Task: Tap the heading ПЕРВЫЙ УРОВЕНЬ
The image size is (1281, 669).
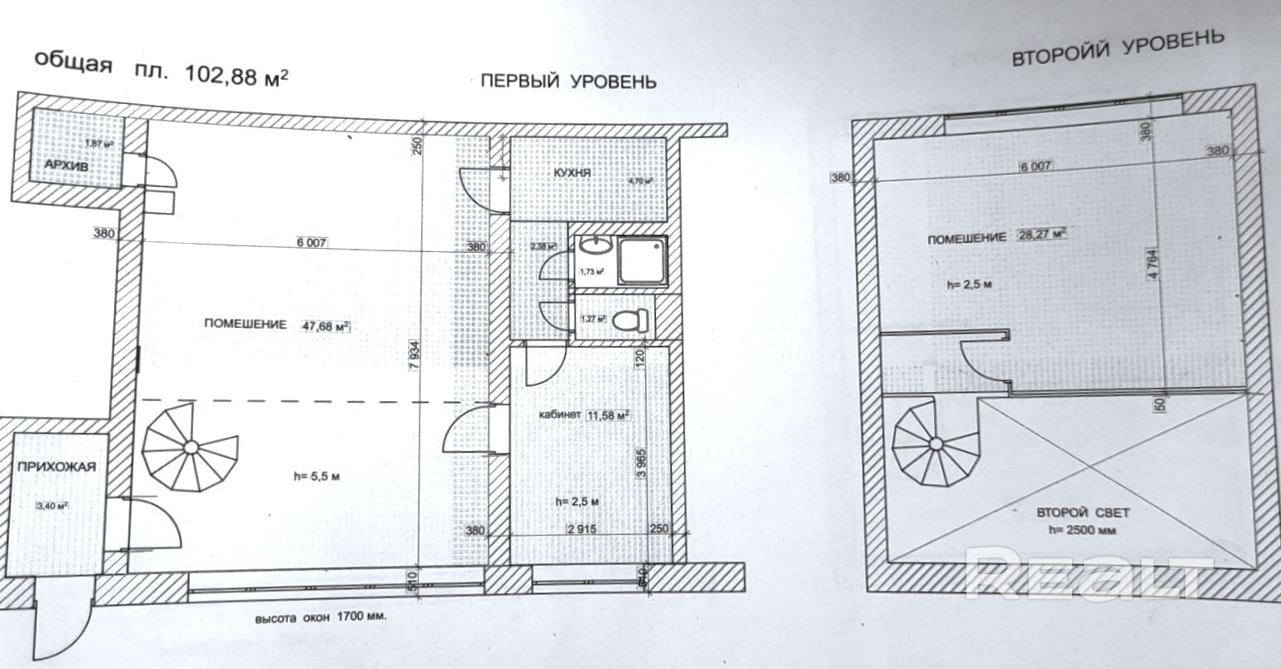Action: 569,81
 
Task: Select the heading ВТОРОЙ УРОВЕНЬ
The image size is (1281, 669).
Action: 1118,48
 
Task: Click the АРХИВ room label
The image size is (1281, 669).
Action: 67,166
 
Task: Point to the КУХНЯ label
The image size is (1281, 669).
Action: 571,172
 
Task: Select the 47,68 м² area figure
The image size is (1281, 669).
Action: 326,325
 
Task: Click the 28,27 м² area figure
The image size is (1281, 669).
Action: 1041,235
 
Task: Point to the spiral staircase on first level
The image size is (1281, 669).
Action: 191,448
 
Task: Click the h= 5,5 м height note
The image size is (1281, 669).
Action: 317,477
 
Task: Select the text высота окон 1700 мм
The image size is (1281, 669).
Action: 321,618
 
